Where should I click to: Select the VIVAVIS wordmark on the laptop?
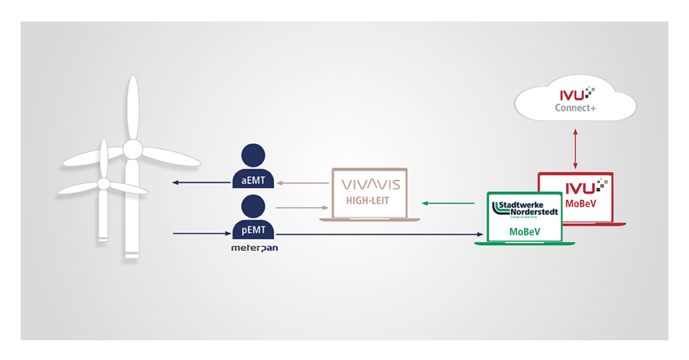point(369,184)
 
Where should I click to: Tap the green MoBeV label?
point(525,231)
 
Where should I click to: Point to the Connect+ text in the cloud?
point(575,108)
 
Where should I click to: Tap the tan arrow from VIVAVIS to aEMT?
point(303,182)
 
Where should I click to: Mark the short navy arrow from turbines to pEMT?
point(202,234)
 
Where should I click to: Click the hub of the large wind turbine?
point(133,148)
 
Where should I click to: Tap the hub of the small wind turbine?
point(103,183)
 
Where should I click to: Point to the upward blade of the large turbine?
point(133,108)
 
